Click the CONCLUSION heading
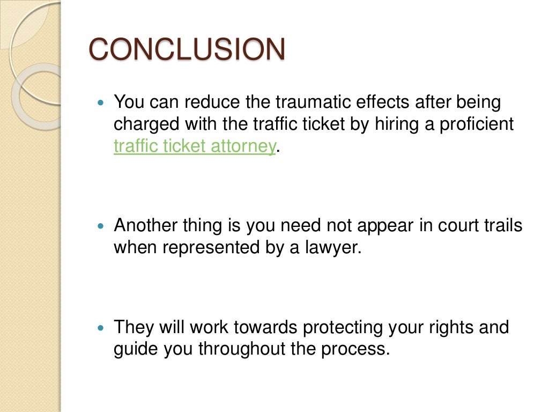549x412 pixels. click(187, 50)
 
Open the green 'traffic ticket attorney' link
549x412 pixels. click(195, 146)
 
